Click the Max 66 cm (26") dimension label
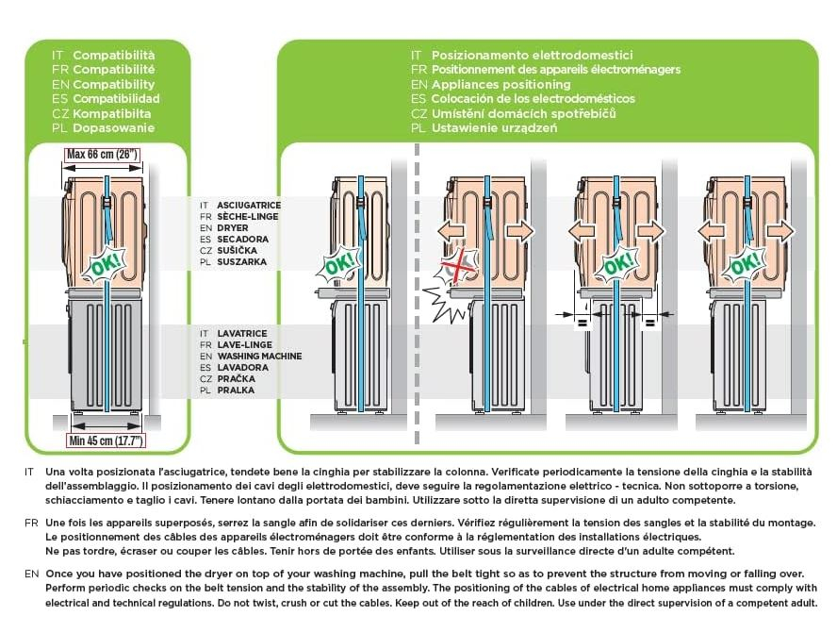pyautogui.click(x=103, y=154)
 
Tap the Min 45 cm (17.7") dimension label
pyautogui.click(x=106, y=439)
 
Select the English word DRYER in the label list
pyautogui.click(x=233, y=227)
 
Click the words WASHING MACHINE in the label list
pyautogui.click(x=259, y=357)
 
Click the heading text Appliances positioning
pyautogui.click(x=501, y=84)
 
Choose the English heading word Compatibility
pyautogui.click(x=114, y=84)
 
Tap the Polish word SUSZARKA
pyautogui.click(x=242, y=261)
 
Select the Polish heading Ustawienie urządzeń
pyautogui.click(x=495, y=127)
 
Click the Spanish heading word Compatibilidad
pyautogui.click(x=116, y=98)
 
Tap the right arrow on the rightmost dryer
pyautogui.click(x=780, y=231)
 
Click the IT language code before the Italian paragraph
pyautogui.click(x=30, y=471)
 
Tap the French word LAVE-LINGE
pyautogui.click(x=246, y=345)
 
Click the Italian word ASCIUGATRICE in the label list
pyautogui.click(x=249, y=205)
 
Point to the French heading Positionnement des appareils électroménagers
pyautogui.click(x=555, y=70)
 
